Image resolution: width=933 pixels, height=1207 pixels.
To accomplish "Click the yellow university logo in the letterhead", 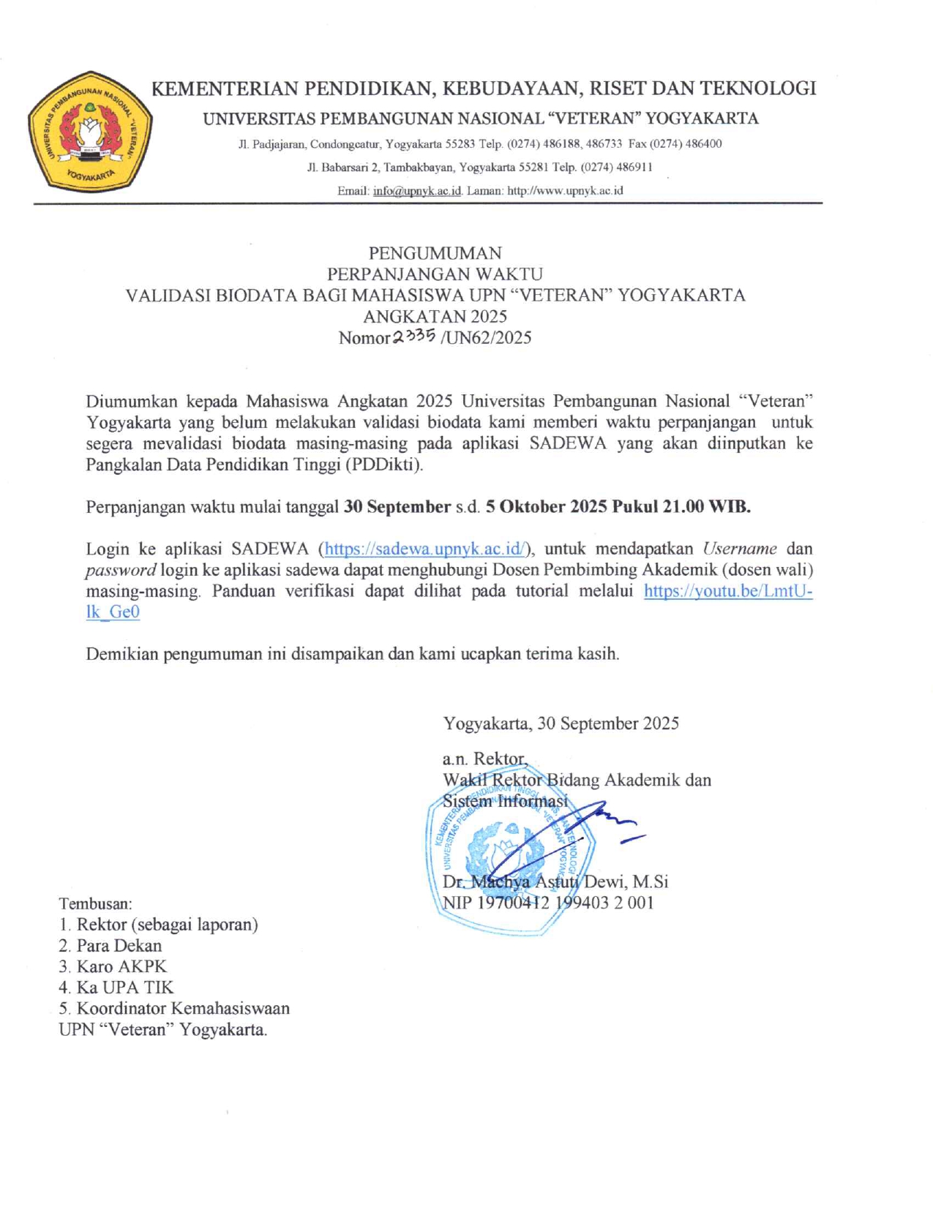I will coord(90,132).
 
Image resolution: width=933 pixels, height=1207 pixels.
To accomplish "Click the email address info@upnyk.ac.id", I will coord(417,191).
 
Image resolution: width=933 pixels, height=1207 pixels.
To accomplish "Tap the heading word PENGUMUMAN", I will coord(435,253).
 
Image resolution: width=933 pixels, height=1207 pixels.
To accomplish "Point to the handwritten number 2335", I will coord(414,336).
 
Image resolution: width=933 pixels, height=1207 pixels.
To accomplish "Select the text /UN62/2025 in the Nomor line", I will coord(486,338).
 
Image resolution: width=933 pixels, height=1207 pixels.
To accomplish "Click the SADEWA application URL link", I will coord(425,549).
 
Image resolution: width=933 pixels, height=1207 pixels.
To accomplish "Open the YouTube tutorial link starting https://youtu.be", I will coord(727,591).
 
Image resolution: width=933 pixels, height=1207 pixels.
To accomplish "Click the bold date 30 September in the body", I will coord(397,507).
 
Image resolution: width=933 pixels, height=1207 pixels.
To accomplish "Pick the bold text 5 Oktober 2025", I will coord(546,507).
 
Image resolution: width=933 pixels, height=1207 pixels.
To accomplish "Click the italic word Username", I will coord(740,549).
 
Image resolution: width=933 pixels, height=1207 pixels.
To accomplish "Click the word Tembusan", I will coord(95,903).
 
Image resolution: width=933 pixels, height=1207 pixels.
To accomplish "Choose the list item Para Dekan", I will coord(119,946).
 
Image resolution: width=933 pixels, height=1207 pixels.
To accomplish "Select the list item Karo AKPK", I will coord(121,966).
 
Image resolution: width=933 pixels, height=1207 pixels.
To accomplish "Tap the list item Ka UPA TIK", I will coord(125,988).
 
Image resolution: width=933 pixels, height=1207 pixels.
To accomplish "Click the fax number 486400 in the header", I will coord(703,144).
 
